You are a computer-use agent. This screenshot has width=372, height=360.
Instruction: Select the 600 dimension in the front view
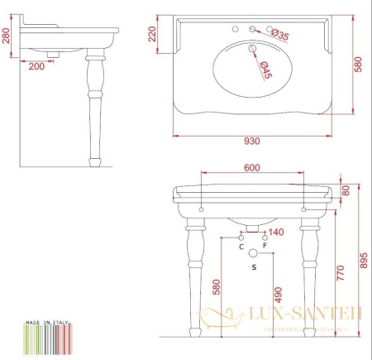[253, 167]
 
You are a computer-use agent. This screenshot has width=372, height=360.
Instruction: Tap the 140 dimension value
[276, 233]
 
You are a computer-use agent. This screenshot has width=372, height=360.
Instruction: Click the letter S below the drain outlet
[253, 267]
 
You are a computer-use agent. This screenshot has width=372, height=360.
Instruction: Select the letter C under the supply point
[241, 247]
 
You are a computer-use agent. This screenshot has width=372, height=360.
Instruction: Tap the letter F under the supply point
[265, 247]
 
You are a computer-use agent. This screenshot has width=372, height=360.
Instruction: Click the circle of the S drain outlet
[253, 254]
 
